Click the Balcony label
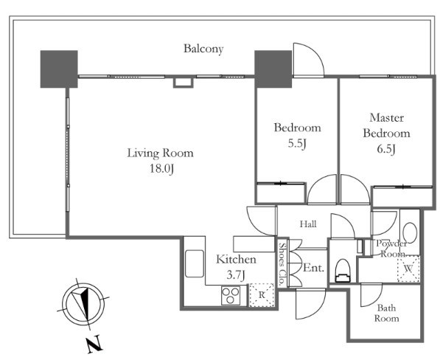pyautogui.click(x=203, y=49)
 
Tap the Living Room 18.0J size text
pyautogui.click(x=162, y=169)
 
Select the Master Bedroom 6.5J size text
pyautogui.click(x=386, y=149)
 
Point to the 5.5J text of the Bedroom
pyautogui.click(x=297, y=144)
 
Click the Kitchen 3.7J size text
pyautogui.click(x=236, y=275)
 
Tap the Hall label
pyautogui.click(x=308, y=224)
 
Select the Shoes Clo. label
pyautogui.click(x=282, y=263)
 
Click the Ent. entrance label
pyautogui.click(x=313, y=268)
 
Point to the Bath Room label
pyautogui.click(x=386, y=313)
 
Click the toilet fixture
pyautogui.click(x=343, y=270)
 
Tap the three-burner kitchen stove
pyautogui.click(x=231, y=295)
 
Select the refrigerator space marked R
pyautogui.click(x=262, y=295)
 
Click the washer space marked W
pyautogui.click(x=408, y=269)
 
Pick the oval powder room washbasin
pyautogui.click(x=410, y=232)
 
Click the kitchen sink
pyautogui.click(x=194, y=263)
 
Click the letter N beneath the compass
pyautogui.click(x=94, y=344)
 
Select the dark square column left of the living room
pyautogui.click(x=59, y=69)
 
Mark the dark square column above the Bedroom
pyautogui.click(x=273, y=69)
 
